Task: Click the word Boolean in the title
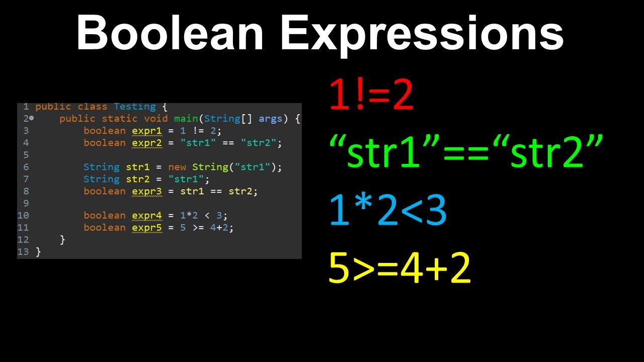click(x=170, y=33)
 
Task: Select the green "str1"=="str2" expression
click(x=466, y=150)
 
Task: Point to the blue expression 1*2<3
click(x=387, y=210)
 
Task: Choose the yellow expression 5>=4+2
click(x=399, y=268)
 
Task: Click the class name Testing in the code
click(x=135, y=107)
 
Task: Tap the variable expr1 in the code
click(x=147, y=131)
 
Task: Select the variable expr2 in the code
click(x=147, y=143)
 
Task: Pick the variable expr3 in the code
click(x=147, y=191)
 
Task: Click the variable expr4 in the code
click(x=147, y=215)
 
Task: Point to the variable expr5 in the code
click(x=147, y=227)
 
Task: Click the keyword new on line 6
click(x=177, y=167)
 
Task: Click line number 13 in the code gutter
click(x=23, y=251)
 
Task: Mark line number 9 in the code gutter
click(x=26, y=203)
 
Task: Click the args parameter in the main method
click(x=270, y=119)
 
